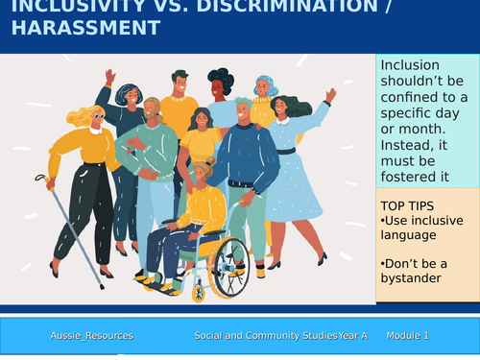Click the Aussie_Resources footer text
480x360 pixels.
[x=92, y=336]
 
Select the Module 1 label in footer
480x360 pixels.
[x=407, y=336]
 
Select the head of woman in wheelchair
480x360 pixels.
[x=204, y=172]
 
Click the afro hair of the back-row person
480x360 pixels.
[x=221, y=79]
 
